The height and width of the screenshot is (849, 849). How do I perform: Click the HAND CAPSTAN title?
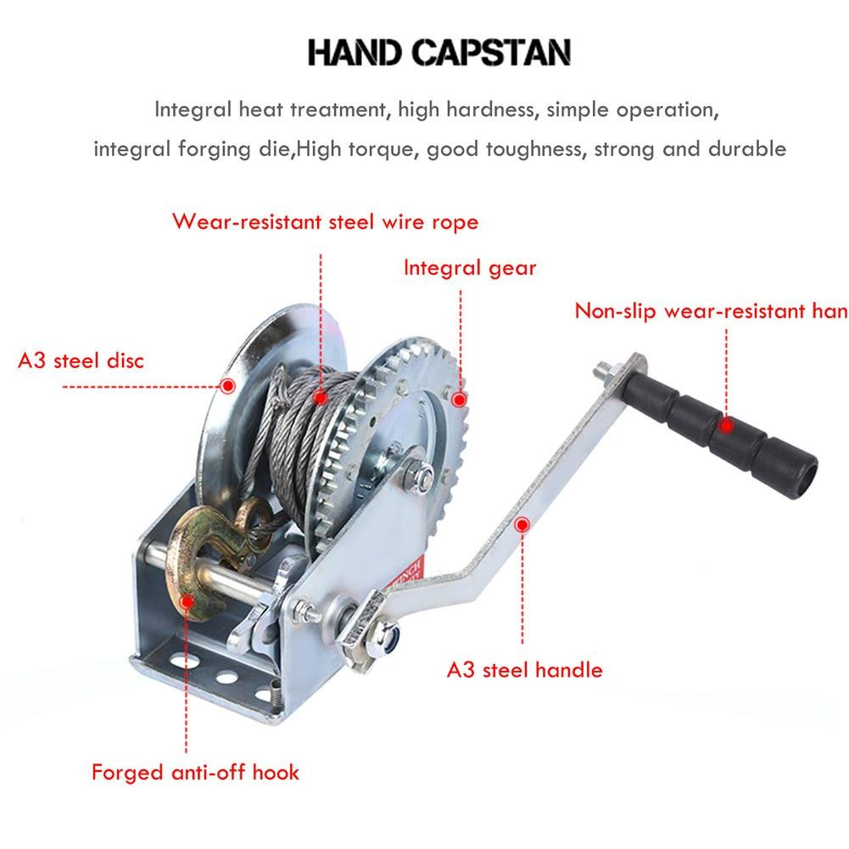click(x=438, y=53)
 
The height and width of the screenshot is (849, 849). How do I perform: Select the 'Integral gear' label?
click(x=469, y=268)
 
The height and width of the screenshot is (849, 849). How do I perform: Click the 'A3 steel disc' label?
click(x=81, y=360)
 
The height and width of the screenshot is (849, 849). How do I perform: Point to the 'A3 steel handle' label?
click(x=524, y=669)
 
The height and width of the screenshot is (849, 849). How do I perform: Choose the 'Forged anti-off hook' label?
click(x=195, y=773)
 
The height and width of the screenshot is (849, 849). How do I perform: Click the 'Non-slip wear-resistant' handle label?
click(x=711, y=310)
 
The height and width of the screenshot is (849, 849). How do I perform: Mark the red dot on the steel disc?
click(x=227, y=386)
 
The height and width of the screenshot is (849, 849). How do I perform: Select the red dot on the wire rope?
click(x=320, y=396)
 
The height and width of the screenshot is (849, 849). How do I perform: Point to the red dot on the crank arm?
click(x=522, y=525)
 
